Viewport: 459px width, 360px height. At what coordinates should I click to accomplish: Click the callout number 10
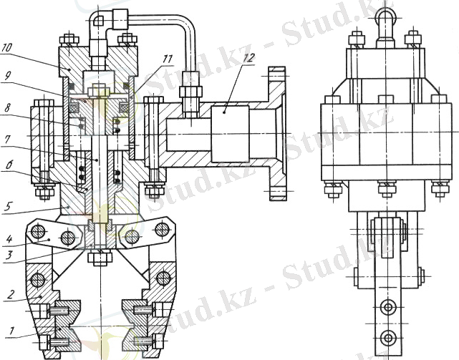(6, 48)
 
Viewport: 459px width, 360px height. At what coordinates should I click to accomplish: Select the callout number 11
(168, 59)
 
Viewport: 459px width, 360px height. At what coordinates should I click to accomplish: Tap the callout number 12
(248, 58)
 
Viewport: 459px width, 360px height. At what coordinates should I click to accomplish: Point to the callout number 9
(8, 77)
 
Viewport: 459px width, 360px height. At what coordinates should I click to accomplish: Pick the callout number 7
(6, 140)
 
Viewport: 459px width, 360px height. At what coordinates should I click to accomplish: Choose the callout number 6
(8, 165)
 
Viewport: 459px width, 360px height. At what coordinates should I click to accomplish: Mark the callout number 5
(8, 207)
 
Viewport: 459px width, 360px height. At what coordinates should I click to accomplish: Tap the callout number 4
(9, 239)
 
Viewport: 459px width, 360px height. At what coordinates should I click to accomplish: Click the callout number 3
(9, 254)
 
